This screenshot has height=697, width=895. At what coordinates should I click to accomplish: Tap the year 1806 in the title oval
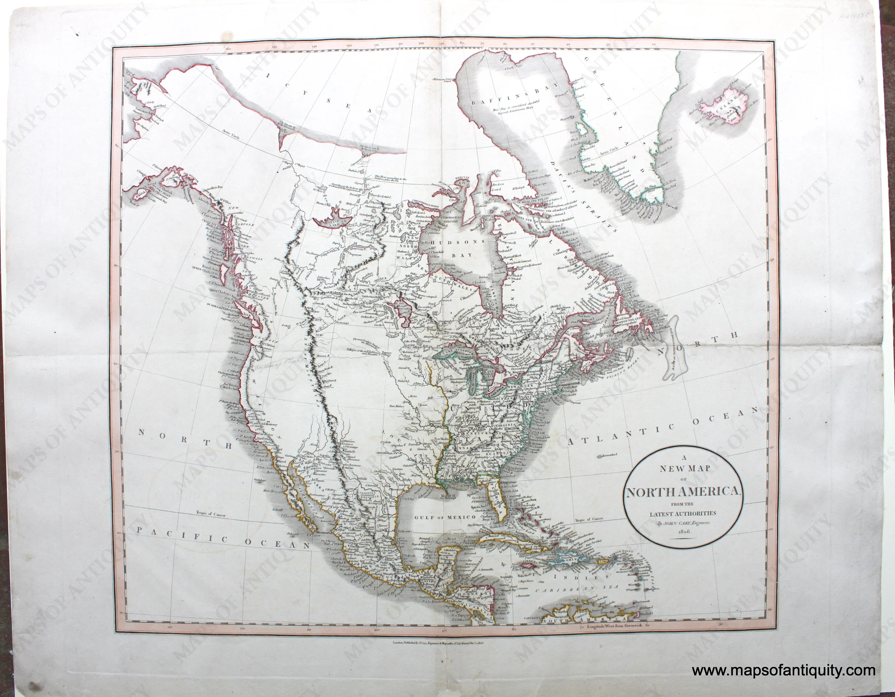(692, 531)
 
